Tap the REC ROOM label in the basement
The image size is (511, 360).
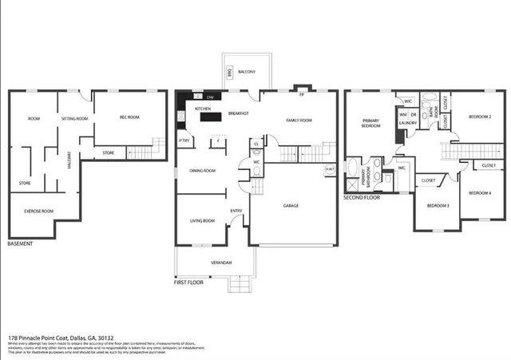click(129, 118)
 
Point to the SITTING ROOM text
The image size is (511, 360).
click(75, 118)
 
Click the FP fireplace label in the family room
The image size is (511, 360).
click(301, 94)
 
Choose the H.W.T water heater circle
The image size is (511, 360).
click(330, 169)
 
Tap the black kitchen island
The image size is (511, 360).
click(210, 117)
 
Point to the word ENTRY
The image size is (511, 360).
click(236, 211)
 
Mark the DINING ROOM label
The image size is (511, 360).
click(202, 170)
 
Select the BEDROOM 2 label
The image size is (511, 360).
click(479, 117)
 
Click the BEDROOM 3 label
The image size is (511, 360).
click(438, 206)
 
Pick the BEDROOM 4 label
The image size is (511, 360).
click(480, 192)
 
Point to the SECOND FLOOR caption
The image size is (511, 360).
click(362, 196)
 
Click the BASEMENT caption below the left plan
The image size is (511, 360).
click(20, 243)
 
